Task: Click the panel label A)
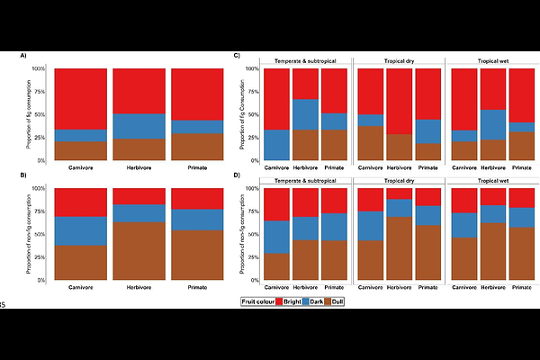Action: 23,56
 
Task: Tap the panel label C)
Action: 237,56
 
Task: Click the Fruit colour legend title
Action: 258,301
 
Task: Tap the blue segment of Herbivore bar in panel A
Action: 139,126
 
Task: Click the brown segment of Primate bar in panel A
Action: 196,147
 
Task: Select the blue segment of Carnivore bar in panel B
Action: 81,231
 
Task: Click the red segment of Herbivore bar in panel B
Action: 139,196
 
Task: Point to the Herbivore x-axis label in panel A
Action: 139,168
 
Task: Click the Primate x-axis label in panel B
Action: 196,288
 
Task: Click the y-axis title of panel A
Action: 41,114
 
